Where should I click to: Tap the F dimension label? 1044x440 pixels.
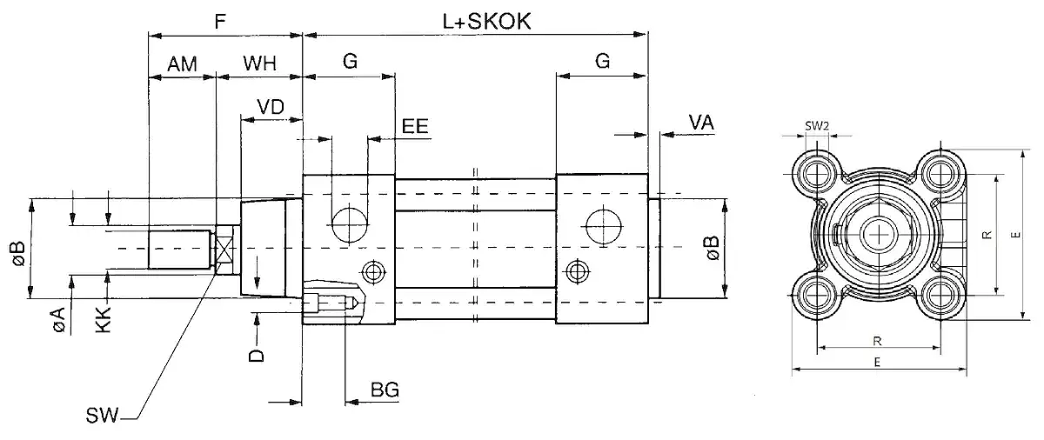click(222, 19)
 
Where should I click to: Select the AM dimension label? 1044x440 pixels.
click(182, 63)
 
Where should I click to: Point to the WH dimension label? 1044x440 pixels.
click(259, 63)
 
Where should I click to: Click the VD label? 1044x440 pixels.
click(271, 106)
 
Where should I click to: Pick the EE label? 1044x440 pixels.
click(415, 125)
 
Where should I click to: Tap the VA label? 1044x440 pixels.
click(701, 123)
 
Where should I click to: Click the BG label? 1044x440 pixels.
click(385, 390)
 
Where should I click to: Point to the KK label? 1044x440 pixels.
click(104, 319)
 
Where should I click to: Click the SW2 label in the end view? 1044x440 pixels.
click(816, 125)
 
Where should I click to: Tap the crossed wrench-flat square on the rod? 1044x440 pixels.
click(225, 250)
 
